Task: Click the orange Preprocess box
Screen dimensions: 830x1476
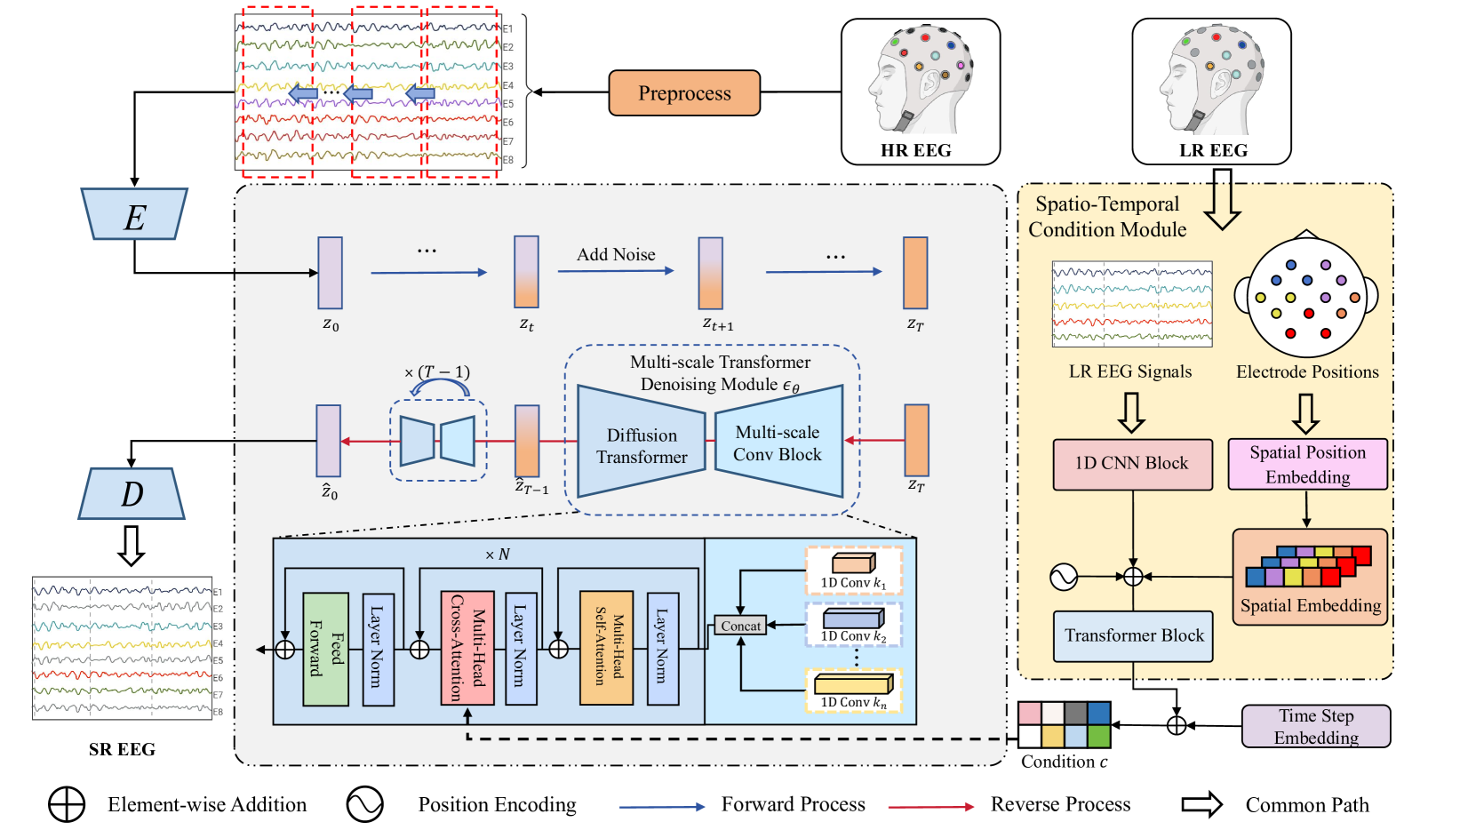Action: (x=684, y=93)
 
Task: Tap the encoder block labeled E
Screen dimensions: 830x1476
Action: (x=134, y=215)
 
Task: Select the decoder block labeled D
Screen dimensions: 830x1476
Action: (x=132, y=494)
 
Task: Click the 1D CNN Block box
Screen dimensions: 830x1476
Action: (x=1132, y=464)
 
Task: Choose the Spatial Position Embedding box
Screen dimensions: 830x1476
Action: (x=1307, y=464)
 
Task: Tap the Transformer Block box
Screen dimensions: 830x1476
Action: (x=1133, y=636)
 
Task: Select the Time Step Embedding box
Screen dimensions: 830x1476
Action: (x=1315, y=727)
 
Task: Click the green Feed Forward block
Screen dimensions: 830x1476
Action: (x=325, y=650)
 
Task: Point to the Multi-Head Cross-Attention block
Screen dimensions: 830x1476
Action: (x=467, y=650)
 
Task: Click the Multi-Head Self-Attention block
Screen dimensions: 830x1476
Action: (x=606, y=648)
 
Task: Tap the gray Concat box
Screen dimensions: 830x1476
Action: (x=740, y=626)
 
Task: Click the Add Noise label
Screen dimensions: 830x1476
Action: (x=616, y=255)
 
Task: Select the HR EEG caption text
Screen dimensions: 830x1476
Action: (x=915, y=151)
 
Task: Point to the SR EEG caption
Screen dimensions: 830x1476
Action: (x=122, y=750)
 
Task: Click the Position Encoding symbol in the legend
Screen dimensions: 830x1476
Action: (x=365, y=804)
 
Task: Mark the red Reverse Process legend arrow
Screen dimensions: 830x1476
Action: (x=931, y=806)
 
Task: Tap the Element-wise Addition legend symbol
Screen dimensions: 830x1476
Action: (x=67, y=805)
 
